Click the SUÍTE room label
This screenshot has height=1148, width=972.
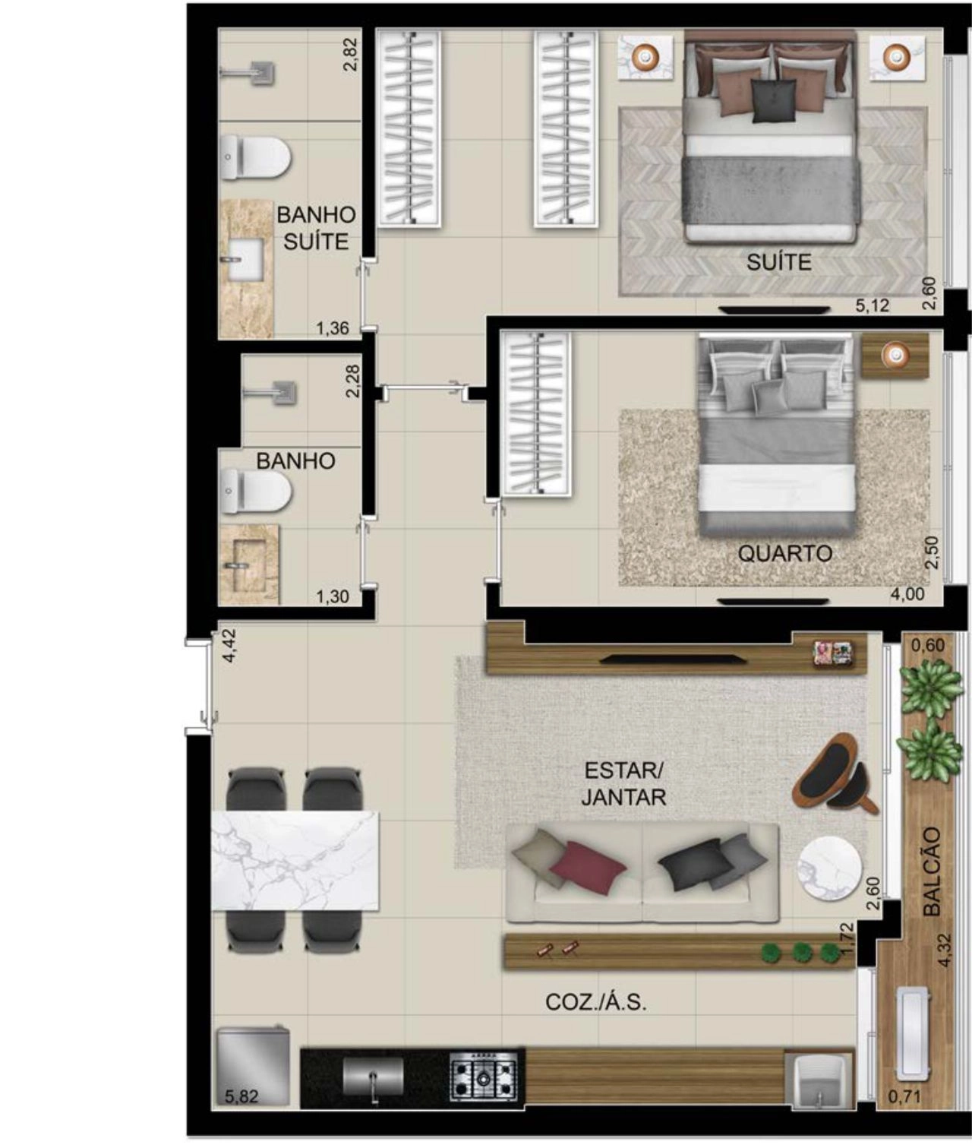779,262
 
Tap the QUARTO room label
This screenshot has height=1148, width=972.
785,553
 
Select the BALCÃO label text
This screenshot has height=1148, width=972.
932,871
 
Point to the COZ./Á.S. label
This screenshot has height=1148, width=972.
596,1002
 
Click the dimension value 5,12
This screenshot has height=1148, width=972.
872,305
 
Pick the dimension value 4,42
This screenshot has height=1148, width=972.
229,645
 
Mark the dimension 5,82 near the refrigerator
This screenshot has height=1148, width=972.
241,1096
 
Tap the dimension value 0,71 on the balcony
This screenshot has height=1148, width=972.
905,1096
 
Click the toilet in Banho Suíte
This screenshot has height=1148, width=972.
255,158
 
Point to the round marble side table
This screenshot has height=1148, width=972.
829,868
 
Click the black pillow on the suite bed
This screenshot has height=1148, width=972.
774,100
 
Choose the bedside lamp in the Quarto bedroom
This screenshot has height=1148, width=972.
895,355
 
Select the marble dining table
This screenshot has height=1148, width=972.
295,861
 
